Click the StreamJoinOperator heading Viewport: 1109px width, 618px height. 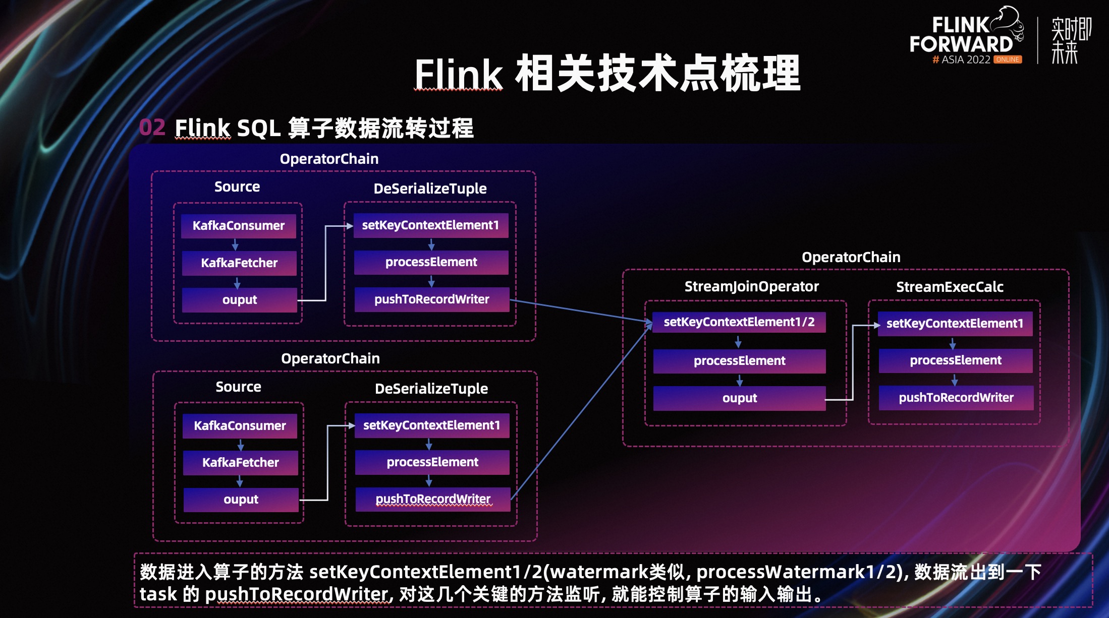pos(751,286)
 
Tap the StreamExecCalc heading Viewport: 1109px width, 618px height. pos(950,287)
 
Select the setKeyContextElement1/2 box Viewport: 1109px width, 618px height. pos(739,322)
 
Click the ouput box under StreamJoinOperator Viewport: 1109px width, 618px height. pos(739,398)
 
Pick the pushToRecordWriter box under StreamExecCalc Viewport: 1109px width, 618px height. pos(956,398)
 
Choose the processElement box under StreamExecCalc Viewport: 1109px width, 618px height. pos(956,360)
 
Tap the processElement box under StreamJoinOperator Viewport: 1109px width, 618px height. pos(739,361)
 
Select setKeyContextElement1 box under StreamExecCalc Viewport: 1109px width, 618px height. pos(955,324)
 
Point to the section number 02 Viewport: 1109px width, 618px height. pos(152,128)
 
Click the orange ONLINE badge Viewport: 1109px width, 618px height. pos(1008,59)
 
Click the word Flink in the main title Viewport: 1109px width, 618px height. pos(458,75)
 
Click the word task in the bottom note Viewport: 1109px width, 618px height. pos(158,594)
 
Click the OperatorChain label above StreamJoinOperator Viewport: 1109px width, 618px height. pos(851,257)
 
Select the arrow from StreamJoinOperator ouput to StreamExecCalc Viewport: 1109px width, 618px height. pos(853,363)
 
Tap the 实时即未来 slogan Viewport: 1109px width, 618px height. pos(1071,40)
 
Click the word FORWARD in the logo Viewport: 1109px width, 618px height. pos(961,44)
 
